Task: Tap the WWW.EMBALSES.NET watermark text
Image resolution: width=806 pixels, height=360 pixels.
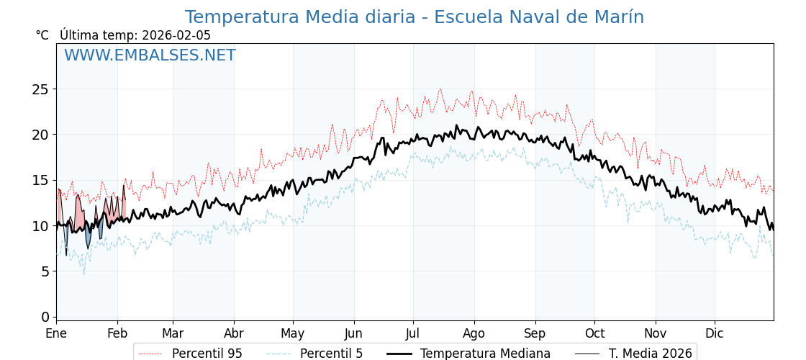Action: click(x=150, y=55)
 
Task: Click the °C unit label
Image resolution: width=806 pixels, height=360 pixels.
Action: click(x=42, y=35)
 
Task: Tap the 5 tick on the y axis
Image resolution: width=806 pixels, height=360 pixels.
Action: click(x=45, y=271)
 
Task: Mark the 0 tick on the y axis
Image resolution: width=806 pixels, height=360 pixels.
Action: click(x=45, y=317)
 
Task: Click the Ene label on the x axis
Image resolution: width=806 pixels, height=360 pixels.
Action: click(x=56, y=333)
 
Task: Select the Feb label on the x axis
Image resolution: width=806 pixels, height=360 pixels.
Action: click(x=117, y=333)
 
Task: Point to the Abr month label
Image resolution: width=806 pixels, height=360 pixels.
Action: click(x=234, y=333)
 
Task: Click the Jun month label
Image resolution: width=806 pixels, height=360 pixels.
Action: click(x=353, y=333)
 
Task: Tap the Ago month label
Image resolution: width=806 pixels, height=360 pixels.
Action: click(x=474, y=333)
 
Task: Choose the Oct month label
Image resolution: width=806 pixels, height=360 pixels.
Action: click(x=594, y=333)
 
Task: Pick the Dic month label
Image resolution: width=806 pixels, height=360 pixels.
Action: click(x=715, y=333)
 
